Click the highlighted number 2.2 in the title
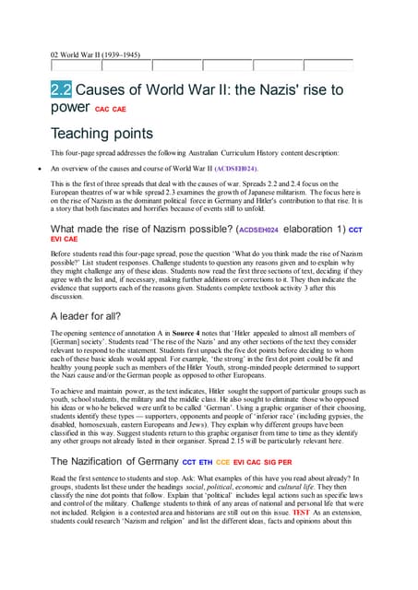tap(60, 91)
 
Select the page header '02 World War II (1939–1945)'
tap(95, 54)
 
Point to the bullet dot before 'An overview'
tap(32, 170)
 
